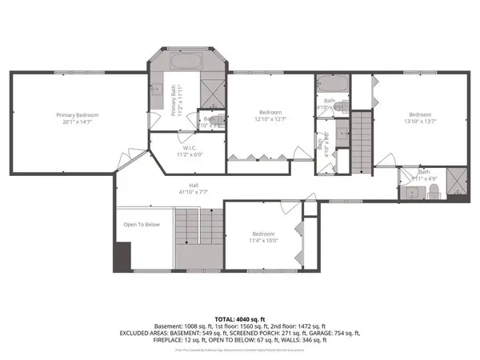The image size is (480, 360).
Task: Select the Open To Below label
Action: click(142, 225)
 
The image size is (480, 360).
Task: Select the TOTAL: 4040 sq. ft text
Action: click(240, 318)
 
